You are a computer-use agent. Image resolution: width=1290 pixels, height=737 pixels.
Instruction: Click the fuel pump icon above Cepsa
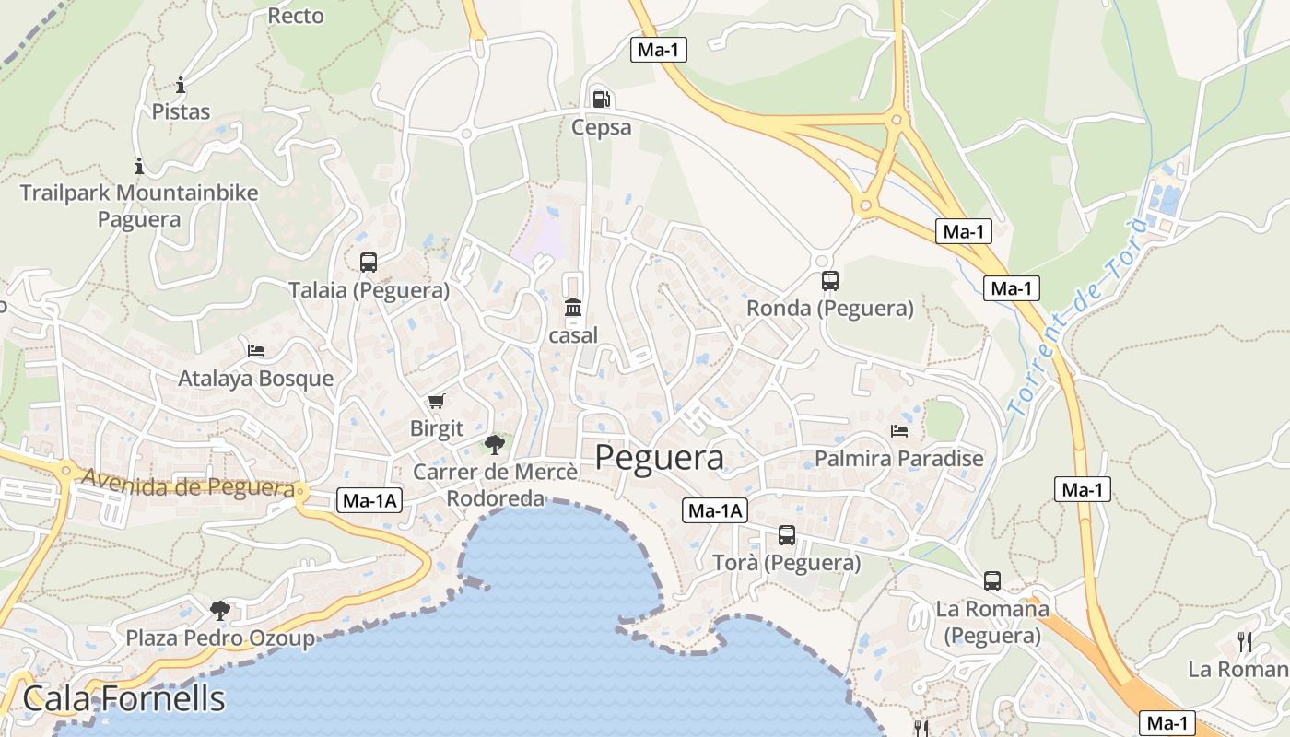[x=601, y=99]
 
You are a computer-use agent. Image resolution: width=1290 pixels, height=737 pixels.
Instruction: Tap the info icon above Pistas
[x=181, y=85]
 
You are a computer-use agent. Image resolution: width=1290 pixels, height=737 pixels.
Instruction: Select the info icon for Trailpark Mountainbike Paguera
[x=139, y=166]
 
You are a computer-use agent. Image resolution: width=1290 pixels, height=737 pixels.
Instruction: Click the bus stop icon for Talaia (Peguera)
[x=369, y=263]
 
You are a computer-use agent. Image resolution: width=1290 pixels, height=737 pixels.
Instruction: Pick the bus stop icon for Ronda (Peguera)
[x=829, y=281]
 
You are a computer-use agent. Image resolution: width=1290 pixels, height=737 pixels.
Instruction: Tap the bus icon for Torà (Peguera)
[x=786, y=535]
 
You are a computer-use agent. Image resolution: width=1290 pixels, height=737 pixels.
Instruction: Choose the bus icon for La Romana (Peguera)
[x=991, y=581]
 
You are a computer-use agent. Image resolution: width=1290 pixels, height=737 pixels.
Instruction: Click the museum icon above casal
[x=573, y=307]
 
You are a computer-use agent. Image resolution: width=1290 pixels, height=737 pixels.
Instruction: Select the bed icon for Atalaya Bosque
[x=256, y=351]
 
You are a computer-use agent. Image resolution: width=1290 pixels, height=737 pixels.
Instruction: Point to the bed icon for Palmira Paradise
[x=899, y=431]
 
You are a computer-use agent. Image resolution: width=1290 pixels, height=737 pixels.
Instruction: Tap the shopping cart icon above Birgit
[x=436, y=402]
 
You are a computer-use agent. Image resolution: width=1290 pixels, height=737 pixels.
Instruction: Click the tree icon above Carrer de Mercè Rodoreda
[x=495, y=445]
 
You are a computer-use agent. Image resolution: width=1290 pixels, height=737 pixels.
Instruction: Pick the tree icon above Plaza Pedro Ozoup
[x=219, y=610]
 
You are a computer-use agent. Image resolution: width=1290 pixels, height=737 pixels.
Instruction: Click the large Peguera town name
[x=659, y=457]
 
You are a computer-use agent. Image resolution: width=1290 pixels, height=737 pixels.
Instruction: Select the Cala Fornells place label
[x=123, y=698]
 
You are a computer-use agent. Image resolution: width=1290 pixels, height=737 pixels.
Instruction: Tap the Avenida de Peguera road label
[x=188, y=484]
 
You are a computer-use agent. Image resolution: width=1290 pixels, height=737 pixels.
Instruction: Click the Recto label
[x=296, y=16]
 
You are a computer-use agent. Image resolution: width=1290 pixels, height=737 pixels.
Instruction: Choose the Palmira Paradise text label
[x=899, y=458]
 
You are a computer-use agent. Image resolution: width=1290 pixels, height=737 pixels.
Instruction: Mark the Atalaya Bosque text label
[x=255, y=379]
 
